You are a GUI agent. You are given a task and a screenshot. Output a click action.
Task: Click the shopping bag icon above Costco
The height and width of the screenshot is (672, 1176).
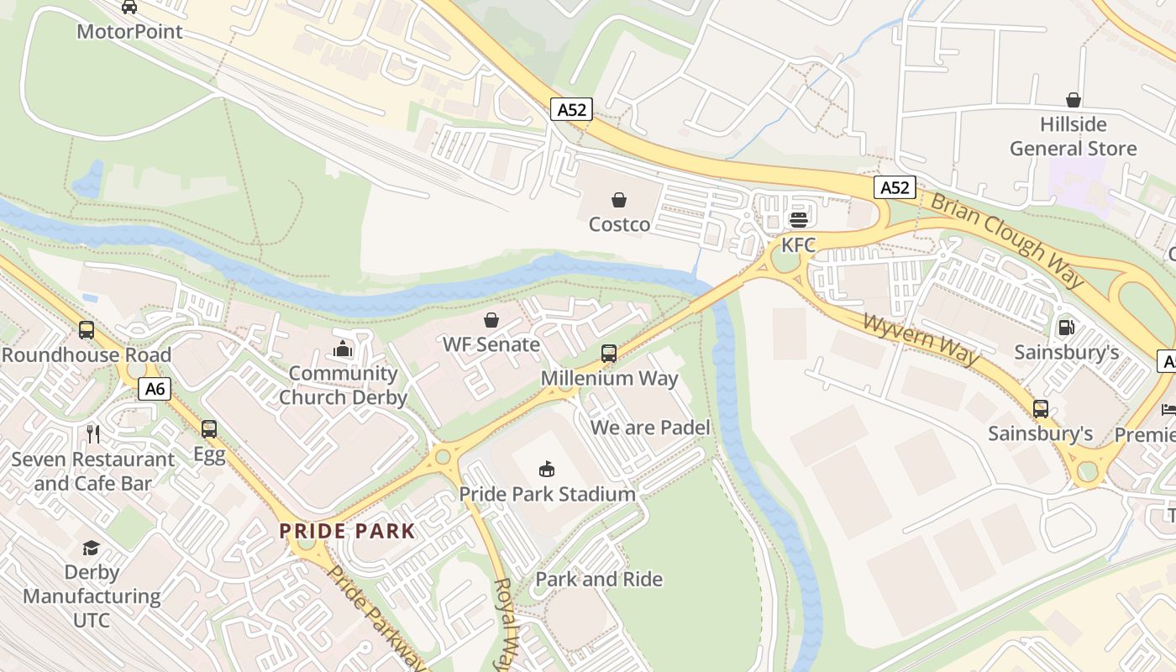pos(619,200)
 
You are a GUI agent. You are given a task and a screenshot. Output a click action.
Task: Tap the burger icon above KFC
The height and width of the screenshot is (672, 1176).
pos(798,220)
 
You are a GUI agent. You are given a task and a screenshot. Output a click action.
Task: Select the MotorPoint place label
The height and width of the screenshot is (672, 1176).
pos(129,32)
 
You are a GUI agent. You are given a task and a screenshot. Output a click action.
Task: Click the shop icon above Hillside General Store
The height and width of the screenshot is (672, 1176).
pos(1073,100)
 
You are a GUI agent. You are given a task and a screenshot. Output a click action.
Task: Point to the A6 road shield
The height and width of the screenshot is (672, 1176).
pos(155,389)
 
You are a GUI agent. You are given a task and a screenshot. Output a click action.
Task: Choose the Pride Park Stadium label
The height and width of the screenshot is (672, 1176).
pos(547,494)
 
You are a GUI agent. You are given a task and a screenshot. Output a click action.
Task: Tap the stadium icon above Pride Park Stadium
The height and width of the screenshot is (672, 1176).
pos(547,469)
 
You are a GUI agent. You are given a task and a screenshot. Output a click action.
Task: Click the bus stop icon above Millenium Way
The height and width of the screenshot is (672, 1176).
pos(609,354)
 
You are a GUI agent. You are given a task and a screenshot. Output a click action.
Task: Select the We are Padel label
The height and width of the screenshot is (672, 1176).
pos(650,428)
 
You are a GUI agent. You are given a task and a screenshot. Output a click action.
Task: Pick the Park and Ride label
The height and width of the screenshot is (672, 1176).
pos(599,580)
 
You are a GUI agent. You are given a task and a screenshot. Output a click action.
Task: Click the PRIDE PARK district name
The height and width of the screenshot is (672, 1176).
pos(347,531)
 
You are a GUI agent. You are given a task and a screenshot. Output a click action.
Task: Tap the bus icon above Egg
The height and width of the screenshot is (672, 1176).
pos(209,429)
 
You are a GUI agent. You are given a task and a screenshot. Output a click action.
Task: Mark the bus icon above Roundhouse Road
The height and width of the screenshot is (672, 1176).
pos(86,330)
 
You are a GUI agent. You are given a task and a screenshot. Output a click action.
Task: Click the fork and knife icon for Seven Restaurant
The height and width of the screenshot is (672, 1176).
pos(93,434)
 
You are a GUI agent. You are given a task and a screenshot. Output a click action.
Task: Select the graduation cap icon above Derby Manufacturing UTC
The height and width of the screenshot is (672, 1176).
pos(91,548)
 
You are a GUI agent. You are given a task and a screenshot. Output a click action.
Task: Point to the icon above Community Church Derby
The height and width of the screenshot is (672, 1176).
pos(343,349)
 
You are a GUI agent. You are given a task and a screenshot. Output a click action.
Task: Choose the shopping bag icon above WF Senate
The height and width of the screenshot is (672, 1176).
pos(491,320)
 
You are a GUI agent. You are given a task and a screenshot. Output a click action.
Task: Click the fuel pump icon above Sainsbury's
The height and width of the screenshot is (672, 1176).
pos(1066,327)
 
